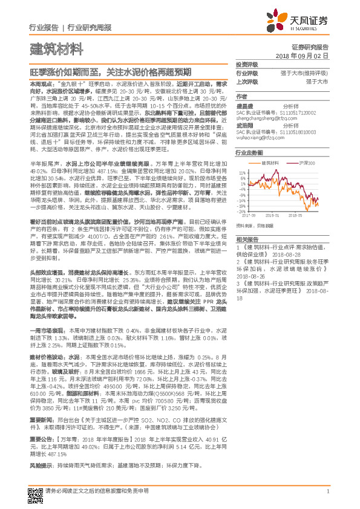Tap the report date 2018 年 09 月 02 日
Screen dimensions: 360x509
coord(306,55)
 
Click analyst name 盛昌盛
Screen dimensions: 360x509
coord(245,105)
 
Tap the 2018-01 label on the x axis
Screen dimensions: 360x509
coord(274,214)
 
